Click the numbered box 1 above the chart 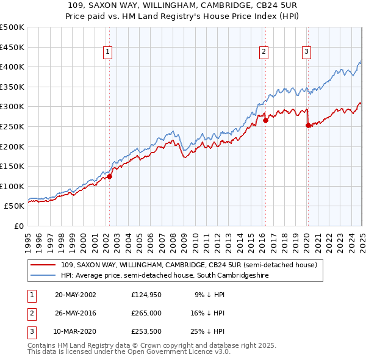(107, 52)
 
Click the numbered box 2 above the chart (264, 52)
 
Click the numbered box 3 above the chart (306, 52)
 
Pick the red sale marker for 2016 (266, 121)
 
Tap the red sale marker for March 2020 (308, 125)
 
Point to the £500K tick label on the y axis (12, 27)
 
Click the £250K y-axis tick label (12, 126)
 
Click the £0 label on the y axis (18, 226)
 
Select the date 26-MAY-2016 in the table (75, 314)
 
